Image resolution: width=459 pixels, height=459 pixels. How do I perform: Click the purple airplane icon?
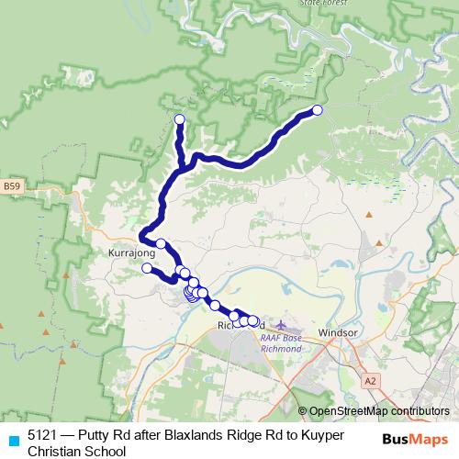coord(280,326)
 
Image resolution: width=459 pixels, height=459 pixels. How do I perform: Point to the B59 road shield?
coord(12,187)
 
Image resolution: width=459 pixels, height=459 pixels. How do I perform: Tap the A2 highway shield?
coord(370,379)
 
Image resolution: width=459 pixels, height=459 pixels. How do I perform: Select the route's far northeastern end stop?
coord(318,110)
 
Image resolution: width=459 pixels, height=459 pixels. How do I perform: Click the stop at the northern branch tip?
coord(179,119)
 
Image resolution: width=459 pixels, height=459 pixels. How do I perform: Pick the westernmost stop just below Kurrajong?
coord(147,268)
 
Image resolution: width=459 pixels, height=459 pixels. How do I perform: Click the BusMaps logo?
coord(415,439)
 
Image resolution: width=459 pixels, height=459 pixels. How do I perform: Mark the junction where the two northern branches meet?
coord(184,166)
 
